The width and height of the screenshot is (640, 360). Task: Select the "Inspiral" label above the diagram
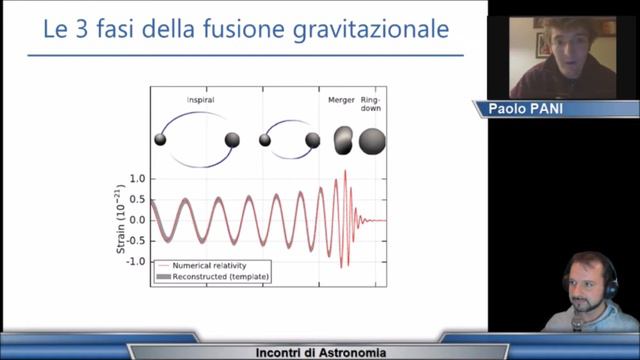(200, 100)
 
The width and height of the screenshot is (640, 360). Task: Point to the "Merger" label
(341, 100)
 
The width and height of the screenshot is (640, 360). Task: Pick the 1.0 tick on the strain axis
(138, 178)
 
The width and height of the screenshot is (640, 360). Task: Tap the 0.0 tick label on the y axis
(138, 219)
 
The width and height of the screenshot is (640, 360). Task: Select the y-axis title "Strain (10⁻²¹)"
(122, 219)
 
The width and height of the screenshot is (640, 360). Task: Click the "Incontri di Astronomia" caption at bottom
(319, 351)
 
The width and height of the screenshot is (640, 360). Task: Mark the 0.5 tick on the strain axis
(138, 199)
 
